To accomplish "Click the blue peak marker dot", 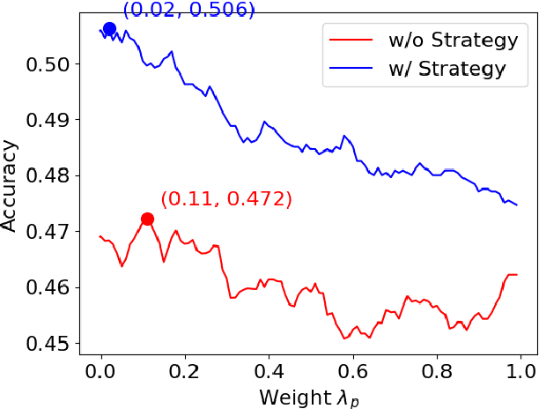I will tap(109, 29).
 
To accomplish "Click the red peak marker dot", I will tap(147, 219).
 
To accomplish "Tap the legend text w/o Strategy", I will tap(447, 41).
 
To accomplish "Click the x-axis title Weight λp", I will tap(309, 397).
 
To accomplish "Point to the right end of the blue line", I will tap(517, 205).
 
